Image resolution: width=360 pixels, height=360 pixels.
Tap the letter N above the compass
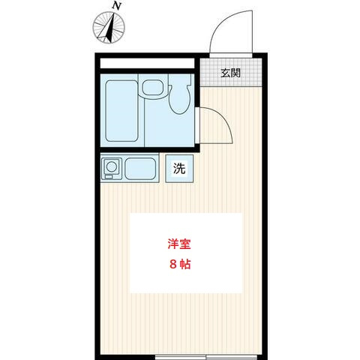115,5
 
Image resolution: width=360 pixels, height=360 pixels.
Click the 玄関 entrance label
230,73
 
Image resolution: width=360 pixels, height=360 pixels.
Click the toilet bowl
179,102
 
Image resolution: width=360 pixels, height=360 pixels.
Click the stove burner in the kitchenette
111,166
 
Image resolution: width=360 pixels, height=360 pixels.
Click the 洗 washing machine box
179,168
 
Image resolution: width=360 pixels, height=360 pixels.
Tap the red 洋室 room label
178,244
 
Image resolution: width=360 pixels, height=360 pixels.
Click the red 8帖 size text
178,265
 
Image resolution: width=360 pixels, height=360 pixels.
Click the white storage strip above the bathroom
147,62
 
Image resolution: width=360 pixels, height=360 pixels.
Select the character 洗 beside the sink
179,168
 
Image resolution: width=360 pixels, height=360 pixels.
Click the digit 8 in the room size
172,265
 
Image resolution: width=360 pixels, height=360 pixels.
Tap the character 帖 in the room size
184,265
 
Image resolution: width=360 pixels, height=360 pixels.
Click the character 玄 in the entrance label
225,73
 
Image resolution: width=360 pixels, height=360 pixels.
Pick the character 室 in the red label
184,244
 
